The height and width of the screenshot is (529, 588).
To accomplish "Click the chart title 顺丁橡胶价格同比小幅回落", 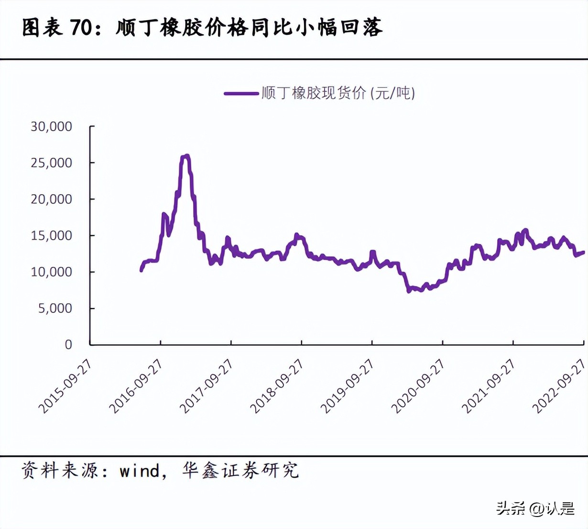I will click(x=249, y=28).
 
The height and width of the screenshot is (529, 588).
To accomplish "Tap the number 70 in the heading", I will click(x=80, y=28).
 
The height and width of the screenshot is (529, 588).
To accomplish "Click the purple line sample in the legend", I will click(x=241, y=93).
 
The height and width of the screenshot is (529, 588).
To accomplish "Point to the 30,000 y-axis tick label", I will click(x=51, y=126).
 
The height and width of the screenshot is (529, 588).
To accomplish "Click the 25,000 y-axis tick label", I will click(x=51, y=163).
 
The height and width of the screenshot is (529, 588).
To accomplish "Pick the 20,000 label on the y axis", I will click(x=51, y=199).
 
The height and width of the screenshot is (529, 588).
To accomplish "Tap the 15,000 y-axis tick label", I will click(x=51, y=235).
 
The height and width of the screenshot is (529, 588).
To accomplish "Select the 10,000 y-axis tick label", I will click(x=51, y=272).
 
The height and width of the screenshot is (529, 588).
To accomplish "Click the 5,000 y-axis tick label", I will click(x=55, y=308).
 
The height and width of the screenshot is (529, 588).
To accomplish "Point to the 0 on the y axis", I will click(x=68, y=344).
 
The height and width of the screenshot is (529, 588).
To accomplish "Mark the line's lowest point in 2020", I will click(x=409, y=291).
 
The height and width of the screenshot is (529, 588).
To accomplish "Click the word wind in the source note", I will click(x=140, y=471).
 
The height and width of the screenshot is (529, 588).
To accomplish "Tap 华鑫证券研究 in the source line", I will click(x=240, y=471).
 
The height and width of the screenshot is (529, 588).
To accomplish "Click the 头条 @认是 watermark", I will click(x=535, y=508).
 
